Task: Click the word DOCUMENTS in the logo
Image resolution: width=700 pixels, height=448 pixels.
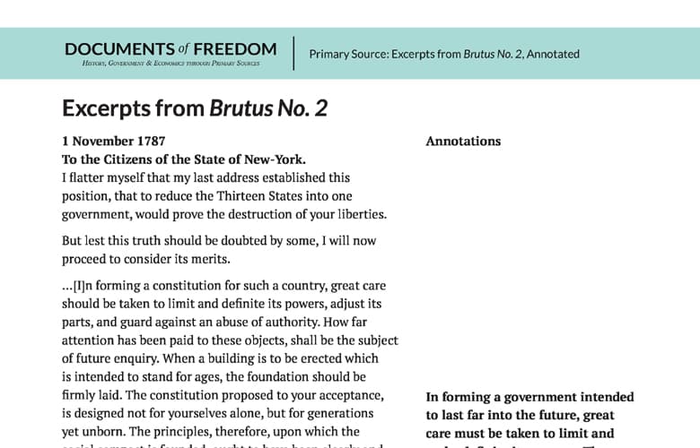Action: (x=118, y=48)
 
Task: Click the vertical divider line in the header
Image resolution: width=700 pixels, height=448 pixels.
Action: (x=293, y=53)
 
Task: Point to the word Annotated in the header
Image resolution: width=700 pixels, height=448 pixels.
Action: (x=553, y=54)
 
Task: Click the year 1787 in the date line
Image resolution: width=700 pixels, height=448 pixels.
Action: (x=149, y=142)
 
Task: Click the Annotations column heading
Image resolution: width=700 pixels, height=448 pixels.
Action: (x=463, y=142)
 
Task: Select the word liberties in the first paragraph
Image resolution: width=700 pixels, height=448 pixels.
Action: (x=358, y=214)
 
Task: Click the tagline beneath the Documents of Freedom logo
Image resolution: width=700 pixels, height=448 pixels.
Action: (x=171, y=64)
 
